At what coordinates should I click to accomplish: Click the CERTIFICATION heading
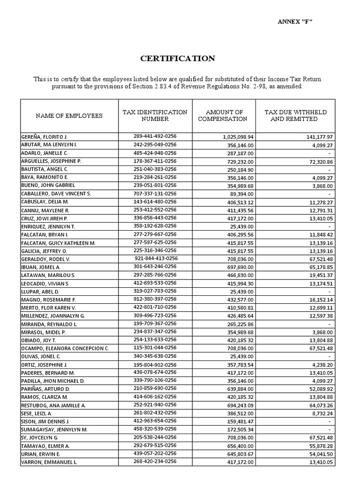[178, 59]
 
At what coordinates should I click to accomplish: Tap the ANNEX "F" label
[294, 22]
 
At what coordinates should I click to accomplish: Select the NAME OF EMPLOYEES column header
[69, 115]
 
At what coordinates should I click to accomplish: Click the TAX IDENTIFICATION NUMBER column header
[155, 115]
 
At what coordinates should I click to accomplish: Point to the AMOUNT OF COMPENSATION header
[222, 115]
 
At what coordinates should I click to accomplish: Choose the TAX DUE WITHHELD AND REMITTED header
[295, 115]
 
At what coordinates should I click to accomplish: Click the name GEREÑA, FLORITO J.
[45, 136]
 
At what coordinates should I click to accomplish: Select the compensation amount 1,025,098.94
[236, 137]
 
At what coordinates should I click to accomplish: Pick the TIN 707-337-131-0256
[155, 194]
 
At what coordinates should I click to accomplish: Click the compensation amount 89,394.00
[240, 194]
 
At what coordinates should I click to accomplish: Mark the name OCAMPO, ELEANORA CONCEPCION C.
[65, 348]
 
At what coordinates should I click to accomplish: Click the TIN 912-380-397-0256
[155, 299]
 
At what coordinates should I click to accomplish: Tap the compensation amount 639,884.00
[238, 389]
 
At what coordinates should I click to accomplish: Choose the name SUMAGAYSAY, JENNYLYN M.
[54, 429]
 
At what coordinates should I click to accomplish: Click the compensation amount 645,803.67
[238, 454]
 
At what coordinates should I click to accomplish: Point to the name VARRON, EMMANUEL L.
[49, 462]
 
